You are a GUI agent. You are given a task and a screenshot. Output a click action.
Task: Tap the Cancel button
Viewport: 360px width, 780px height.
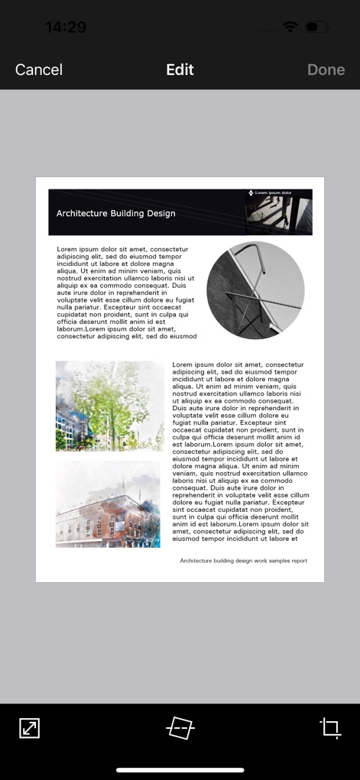click(x=39, y=70)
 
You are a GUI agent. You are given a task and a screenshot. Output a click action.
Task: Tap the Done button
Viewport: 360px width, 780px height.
click(x=326, y=70)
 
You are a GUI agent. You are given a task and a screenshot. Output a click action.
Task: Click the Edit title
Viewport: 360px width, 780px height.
click(x=180, y=70)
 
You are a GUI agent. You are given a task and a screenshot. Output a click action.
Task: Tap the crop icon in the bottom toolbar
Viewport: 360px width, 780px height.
click(x=330, y=727)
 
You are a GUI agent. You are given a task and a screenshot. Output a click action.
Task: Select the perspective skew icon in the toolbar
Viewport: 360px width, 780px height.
click(x=180, y=727)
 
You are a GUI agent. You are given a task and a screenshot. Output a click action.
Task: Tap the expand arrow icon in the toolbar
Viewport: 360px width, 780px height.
click(x=29, y=727)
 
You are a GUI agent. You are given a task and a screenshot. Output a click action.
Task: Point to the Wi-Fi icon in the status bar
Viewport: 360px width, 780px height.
click(x=290, y=27)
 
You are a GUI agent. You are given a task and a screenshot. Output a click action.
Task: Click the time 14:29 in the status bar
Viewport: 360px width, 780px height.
click(x=66, y=28)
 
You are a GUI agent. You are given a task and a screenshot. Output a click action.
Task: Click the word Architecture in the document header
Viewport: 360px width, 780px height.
click(x=82, y=213)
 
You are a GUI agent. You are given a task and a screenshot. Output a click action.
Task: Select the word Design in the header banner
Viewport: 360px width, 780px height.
click(x=161, y=213)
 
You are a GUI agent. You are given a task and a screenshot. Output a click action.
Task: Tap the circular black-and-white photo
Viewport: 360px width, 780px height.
click(x=255, y=290)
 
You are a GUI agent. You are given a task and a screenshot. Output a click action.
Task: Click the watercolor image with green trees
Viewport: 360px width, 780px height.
click(x=109, y=406)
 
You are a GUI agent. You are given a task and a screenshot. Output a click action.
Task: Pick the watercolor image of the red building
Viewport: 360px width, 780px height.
click(x=108, y=503)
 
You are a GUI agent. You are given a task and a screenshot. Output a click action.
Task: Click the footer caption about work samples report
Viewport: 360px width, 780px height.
click(x=243, y=561)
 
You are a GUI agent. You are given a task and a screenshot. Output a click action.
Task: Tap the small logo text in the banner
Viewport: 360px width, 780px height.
click(x=273, y=193)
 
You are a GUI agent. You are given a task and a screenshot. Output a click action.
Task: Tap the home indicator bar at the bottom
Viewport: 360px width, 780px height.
click(x=180, y=770)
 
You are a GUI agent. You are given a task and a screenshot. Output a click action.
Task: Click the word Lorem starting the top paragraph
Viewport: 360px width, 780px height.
click(x=68, y=249)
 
